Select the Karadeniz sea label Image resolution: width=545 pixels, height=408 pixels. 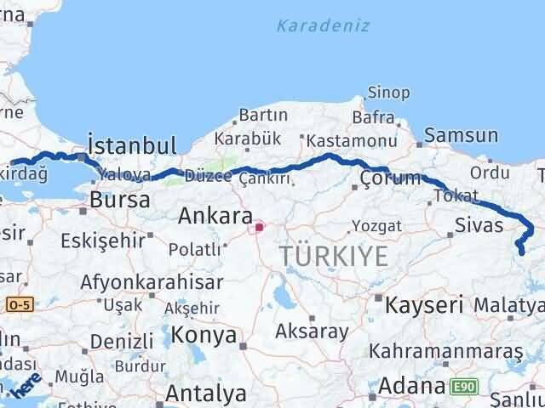click(x=323, y=25)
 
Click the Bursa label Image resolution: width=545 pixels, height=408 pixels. click(x=120, y=201)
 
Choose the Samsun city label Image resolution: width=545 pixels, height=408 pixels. click(x=461, y=135)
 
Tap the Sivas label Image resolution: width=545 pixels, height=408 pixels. click(x=479, y=225)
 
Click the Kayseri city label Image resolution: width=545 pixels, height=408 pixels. click(x=424, y=304)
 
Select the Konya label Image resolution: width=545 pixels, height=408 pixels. click(x=204, y=336)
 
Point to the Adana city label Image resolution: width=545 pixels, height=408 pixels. click(x=411, y=387)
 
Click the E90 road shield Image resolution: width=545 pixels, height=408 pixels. click(x=465, y=388)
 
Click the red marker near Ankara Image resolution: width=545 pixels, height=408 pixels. click(x=259, y=227)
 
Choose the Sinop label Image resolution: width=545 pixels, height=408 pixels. click(x=388, y=93)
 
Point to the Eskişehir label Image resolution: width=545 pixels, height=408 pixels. click(x=103, y=241)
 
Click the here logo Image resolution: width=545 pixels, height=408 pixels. click(x=26, y=383)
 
